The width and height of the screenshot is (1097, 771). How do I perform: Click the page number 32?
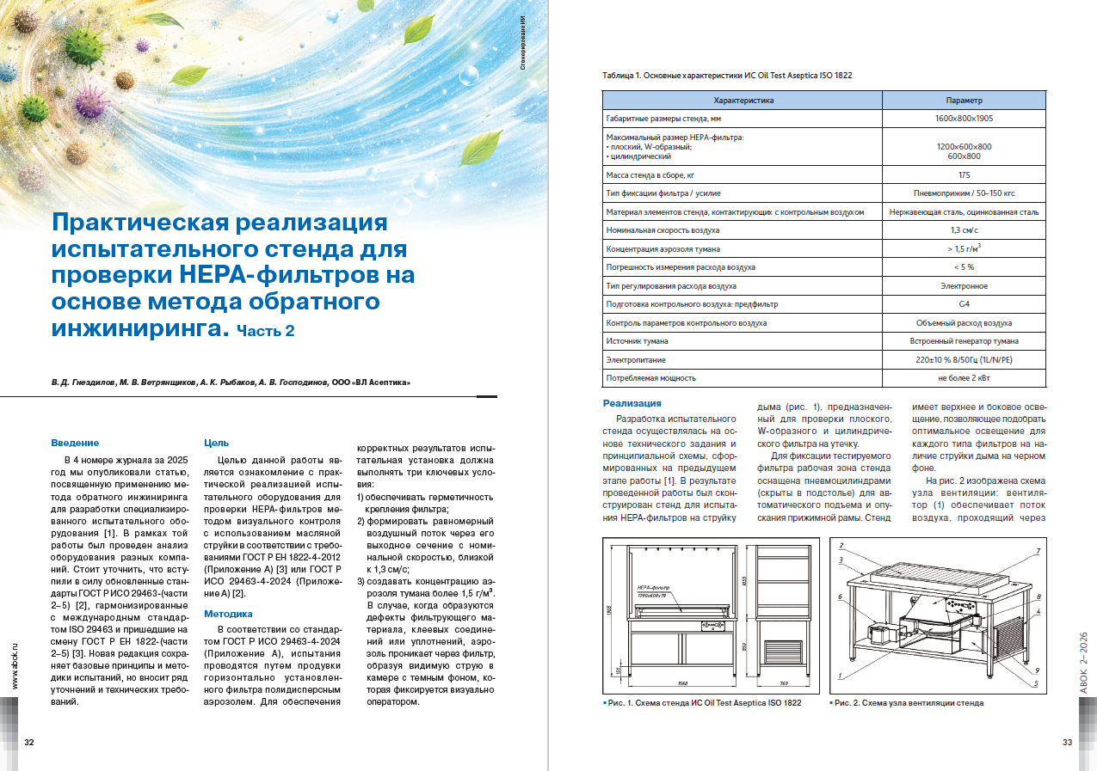coord(29,743)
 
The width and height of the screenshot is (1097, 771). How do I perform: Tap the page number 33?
coord(1068,743)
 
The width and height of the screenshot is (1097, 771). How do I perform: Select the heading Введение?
coord(75,443)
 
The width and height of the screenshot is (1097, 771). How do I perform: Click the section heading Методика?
coord(228,614)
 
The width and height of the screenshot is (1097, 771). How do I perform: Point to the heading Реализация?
coord(632,403)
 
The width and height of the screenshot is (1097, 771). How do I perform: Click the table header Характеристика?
coord(743,101)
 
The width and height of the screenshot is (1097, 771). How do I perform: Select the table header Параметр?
coord(964,101)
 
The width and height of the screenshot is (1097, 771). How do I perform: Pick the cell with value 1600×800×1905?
coord(964,119)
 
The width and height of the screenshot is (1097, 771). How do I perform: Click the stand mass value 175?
coord(964,174)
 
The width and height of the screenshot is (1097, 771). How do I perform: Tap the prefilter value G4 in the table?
coord(964,304)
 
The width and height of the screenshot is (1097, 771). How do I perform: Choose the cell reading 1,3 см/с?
coord(964,230)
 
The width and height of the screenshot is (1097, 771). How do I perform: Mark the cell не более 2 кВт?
coord(964,378)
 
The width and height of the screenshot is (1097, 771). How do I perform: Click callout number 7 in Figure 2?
coord(1038,551)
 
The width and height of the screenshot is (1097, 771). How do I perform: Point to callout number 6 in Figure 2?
coord(839,597)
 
